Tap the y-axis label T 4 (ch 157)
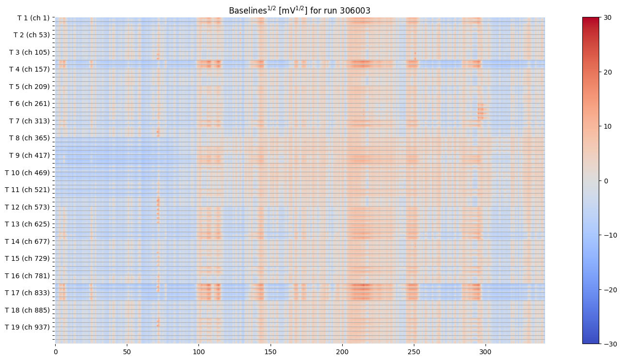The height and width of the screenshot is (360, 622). click(x=30, y=69)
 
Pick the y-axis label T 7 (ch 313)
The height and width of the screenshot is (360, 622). click(x=30, y=121)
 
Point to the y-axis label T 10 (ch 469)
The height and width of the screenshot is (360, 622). click(x=28, y=173)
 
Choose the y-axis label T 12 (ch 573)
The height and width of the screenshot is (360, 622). click(x=28, y=207)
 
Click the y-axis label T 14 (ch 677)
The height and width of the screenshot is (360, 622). click(x=28, y=241)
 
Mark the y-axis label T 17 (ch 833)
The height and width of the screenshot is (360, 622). click(x=28, y=293)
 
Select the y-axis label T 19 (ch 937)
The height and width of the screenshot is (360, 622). click(x=28, y=327)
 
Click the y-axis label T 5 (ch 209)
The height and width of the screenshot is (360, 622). click(x=30, y=87)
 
